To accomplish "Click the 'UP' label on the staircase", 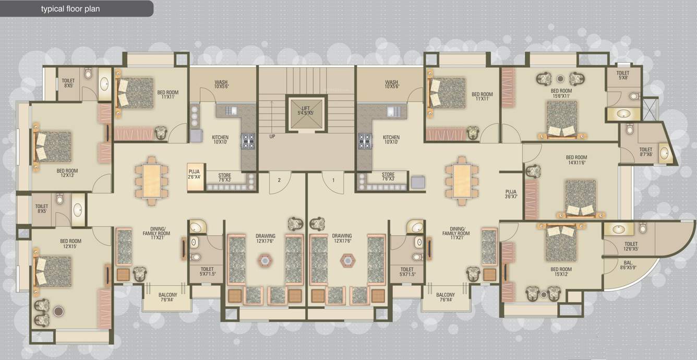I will pos(272,137).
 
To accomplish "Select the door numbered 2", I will pos(279,180).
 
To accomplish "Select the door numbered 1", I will pos(333,180).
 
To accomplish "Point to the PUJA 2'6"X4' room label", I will pos(194,174).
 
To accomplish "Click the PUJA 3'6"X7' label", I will pos(511,194).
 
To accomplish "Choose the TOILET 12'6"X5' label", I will pos(631,246).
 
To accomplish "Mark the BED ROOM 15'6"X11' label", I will pos(561,93).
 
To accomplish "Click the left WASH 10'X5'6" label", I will pos(221,84).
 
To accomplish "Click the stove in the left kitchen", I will pos(247,141).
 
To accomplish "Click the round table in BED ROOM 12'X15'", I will pos(58,311).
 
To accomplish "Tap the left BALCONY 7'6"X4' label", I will pos(168,297).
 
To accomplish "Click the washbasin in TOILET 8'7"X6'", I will pos(664,152).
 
